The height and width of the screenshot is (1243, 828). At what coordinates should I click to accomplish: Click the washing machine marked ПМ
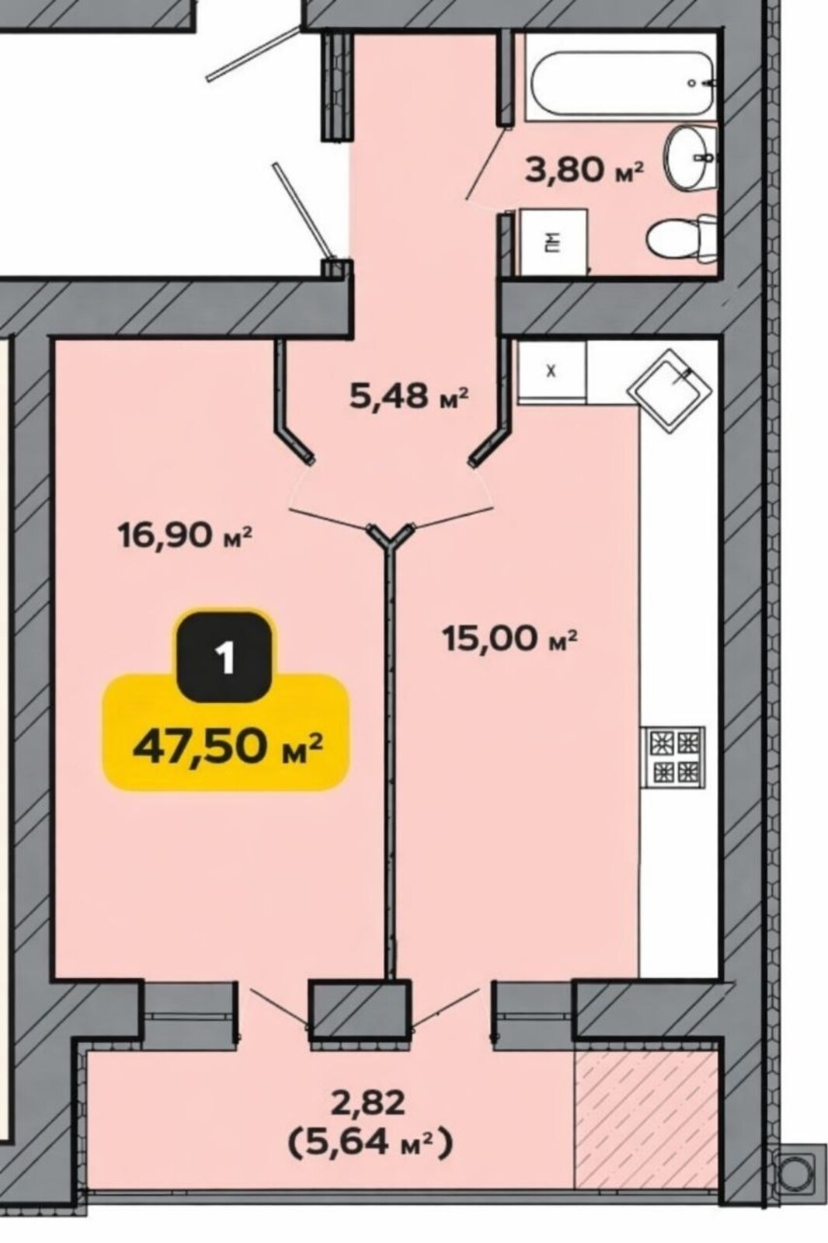click(553, 242)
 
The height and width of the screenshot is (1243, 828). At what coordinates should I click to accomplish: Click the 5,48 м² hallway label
click(409, 396)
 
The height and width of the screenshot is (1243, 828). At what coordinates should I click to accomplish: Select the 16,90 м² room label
click(186, 536)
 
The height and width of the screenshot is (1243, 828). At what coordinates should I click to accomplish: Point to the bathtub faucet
click(704, 83)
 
